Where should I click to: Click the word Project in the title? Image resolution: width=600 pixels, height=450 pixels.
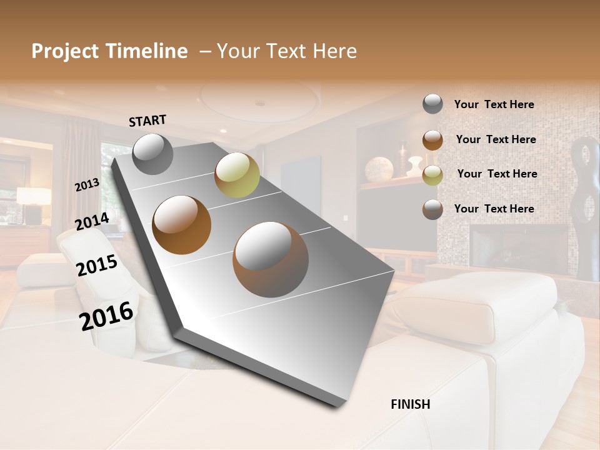point(66,52)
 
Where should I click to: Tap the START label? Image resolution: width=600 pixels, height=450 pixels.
point(147,120)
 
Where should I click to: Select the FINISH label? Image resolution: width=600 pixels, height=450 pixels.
point(410,404)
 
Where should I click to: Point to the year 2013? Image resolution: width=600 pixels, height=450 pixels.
point(87,185)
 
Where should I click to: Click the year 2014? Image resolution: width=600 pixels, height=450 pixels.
point(92,221)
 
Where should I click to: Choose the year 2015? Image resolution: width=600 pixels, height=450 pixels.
point(97,266)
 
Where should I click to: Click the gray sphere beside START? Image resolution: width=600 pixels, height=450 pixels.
point(152,154)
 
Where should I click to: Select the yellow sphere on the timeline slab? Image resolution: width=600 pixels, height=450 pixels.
point(237,175)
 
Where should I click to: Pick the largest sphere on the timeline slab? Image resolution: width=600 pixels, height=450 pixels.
point(271,259)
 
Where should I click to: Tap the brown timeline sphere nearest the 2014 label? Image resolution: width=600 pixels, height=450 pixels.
point(182,224)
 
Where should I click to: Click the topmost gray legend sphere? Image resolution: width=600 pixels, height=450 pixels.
point(432,104)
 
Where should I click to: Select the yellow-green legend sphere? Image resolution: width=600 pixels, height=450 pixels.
point(432,175)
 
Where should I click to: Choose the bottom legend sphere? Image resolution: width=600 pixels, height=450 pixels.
point(432,209)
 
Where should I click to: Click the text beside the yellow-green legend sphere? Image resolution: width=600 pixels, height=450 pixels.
point(497,174)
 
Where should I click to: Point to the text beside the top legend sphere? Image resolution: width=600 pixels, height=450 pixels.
point(494,104)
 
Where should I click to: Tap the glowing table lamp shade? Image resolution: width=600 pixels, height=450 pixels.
point(34,196)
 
